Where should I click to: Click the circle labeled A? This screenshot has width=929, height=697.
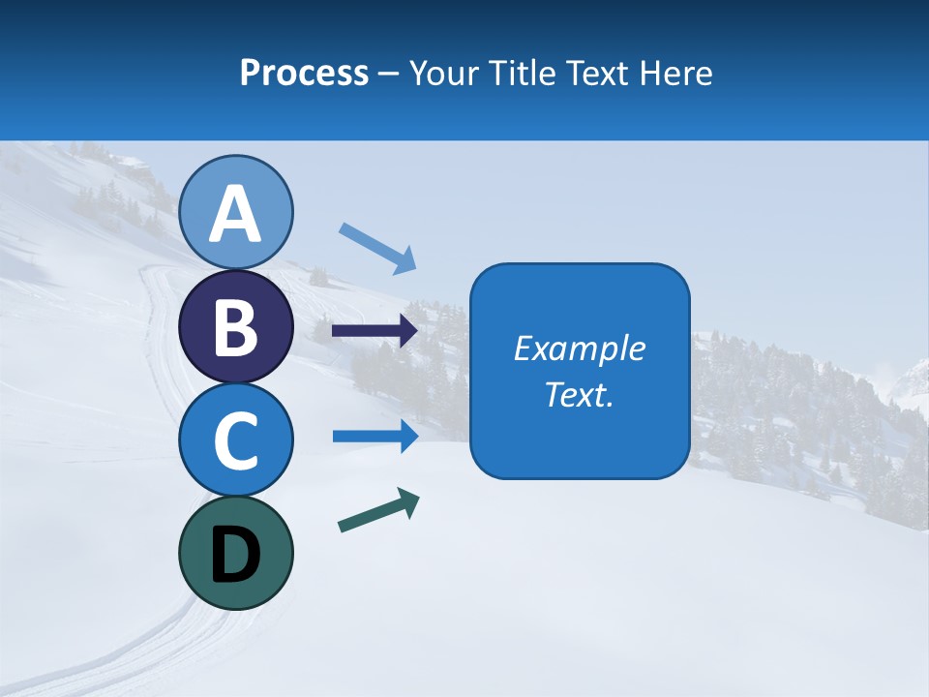click(x=235, y=212)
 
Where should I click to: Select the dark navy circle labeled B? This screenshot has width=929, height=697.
click(x=235, y=326)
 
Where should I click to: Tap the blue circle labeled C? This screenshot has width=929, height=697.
click(x=235, y=439)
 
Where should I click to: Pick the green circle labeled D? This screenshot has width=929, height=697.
click(x=235, y=553)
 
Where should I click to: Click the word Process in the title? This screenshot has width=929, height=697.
click(x=304, y=74)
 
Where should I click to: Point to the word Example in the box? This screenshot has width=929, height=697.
click(x=579, y=348)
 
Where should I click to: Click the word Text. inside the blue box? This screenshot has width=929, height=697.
click(x=579, y=394)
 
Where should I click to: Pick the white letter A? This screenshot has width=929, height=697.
click(x=235, y=214)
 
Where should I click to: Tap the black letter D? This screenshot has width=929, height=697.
click(x=235, y=555)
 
